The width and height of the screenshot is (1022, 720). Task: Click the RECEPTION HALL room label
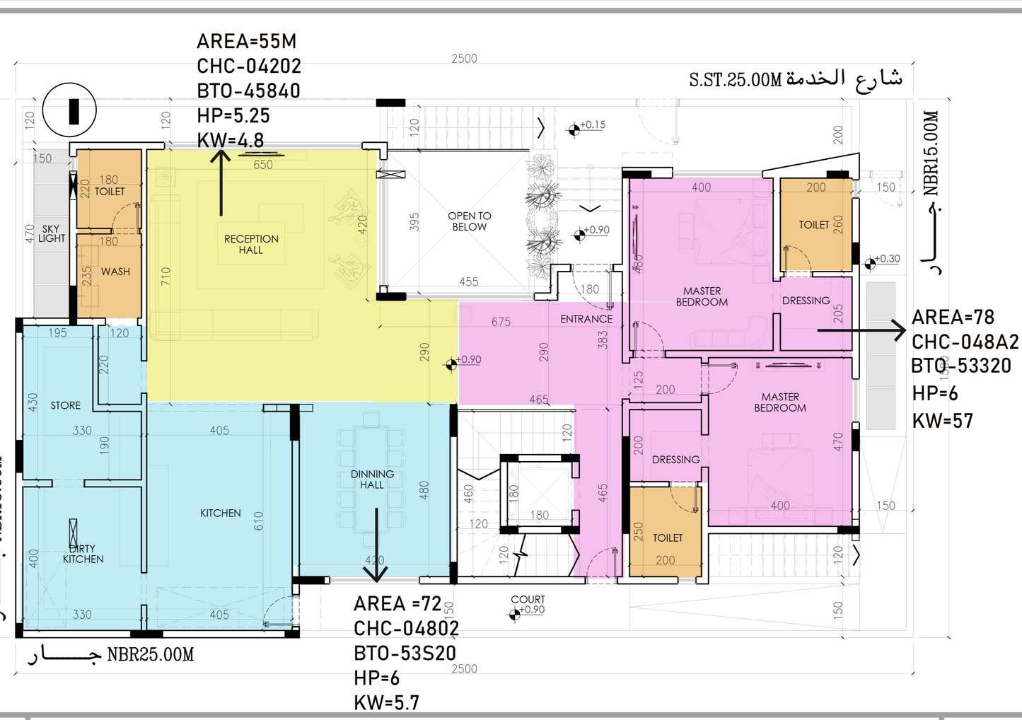pyautogui.click(x=251, y=245)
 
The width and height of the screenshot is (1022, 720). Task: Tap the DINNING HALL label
pyautogui.click(x=372, y=480)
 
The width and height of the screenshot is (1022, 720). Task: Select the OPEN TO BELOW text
pyautogui.click(x=469, y=221)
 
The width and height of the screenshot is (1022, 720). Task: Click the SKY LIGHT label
pyautogui.click(x=51, y=233)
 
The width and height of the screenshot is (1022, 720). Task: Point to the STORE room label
pyautogui.click(x=65, y=405)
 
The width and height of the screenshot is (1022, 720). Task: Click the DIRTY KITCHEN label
pyautogui.click(x=83, y=554)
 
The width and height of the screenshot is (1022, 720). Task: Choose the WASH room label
pyautogui.click(x=115, y=272)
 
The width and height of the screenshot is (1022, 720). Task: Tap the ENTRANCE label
pyautogui.click(x=586, y=319)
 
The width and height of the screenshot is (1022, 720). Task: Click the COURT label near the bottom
pyautogui.click(x=528, y=600)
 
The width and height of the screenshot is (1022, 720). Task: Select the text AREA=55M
pyautogui.click(x=246, y=42)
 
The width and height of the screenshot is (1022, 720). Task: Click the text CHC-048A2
pyautogui.click(x=965, y=342)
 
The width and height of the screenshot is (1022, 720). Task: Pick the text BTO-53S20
pyautogui.click(x=405, y=653)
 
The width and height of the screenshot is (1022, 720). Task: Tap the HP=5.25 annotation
pyautogui.click(x=233, y=115)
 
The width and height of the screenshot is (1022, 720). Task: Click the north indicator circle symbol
pyautogui.click(x=69, y=110)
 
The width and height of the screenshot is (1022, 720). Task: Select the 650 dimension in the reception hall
pyautogui.click(x=263, y=165)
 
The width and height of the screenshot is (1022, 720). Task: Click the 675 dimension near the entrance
pyautogui.click(x=501, y=322)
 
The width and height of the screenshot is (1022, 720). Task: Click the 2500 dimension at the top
pyautogui.click(x=464, y=59)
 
